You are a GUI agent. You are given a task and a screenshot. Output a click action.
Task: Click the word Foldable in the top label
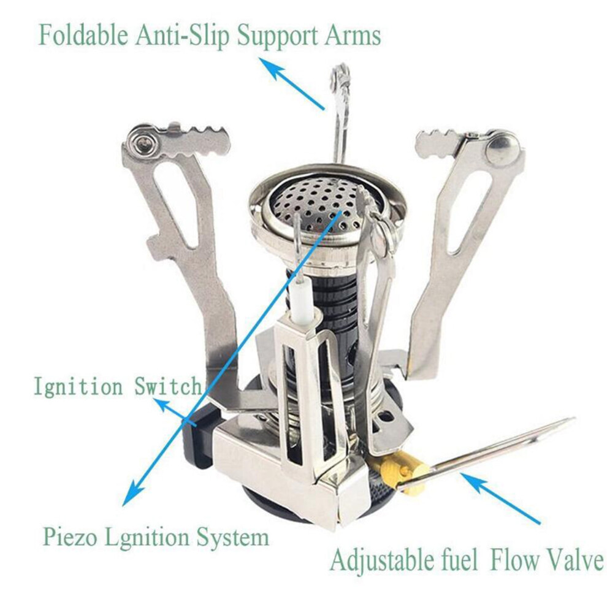click(x=83, y=35)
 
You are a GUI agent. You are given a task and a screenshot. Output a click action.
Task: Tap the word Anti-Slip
click(x=182, y=35)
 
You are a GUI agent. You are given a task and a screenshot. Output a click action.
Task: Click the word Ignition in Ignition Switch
click(x=77, y=386)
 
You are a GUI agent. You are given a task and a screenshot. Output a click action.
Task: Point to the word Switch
click(x=168, y=386)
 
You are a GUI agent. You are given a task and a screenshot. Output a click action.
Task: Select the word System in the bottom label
click(x=232, y=537)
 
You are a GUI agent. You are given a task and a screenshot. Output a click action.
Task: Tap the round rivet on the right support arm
click(x=503, y=147)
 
